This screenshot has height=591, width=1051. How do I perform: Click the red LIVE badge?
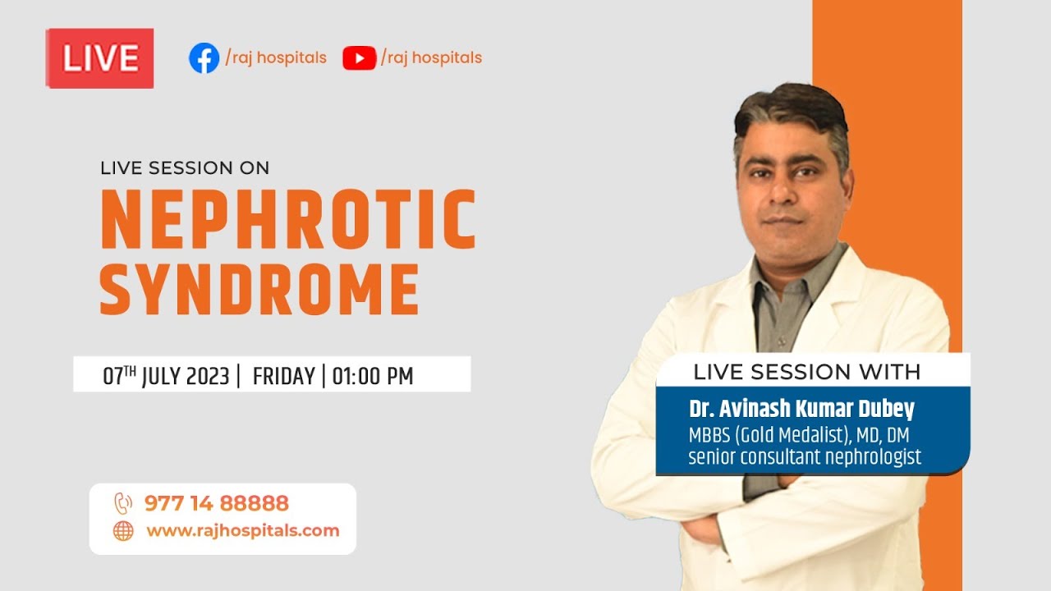pos(99,58)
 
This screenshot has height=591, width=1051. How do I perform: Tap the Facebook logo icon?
pos(204,58)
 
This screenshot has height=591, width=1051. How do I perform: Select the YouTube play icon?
pos(359,58)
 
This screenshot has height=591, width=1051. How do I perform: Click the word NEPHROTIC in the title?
pos(287,220)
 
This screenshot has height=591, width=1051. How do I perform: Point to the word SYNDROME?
pos(259,289)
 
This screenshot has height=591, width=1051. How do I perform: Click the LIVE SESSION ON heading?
pos(185,168)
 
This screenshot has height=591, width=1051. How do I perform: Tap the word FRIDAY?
pos(283,376)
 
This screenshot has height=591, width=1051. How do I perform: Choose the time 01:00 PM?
pos(372,376)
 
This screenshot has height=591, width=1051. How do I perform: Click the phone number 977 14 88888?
pos(216,503)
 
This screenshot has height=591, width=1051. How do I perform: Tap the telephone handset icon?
pos(123,503)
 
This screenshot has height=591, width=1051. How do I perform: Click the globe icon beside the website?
pos(123,531)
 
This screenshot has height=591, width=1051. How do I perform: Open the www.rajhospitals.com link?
pos(242,530)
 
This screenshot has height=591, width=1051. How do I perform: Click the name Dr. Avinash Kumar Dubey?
pos(801,410)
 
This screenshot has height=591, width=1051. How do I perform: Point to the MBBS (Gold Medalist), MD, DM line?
pos(798,435)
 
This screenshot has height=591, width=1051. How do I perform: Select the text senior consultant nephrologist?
pos(805,456)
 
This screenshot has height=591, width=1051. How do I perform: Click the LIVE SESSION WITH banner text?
pos(806,372)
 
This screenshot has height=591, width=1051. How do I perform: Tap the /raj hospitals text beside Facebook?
pos(276,58)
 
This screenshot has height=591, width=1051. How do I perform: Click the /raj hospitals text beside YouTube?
pos(431,58)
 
